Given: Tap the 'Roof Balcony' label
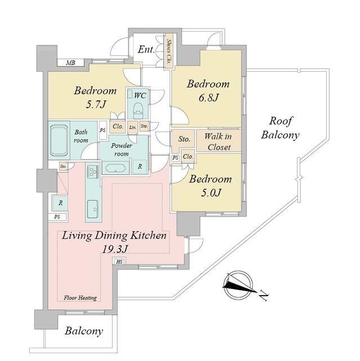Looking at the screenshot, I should point(283,128).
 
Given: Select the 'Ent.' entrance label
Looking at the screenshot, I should point(146,50).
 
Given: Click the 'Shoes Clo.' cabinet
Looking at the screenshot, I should point(168,52).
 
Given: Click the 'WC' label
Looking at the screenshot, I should point(140,95).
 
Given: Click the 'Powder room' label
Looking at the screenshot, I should point(122,149).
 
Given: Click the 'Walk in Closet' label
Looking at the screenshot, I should point(217,142).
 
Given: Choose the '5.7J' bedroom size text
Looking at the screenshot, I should point(95,104).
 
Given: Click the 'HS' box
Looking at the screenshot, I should point(119,261).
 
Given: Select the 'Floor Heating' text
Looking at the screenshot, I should point(80,298).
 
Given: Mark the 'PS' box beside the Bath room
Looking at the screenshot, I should point(103,130).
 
